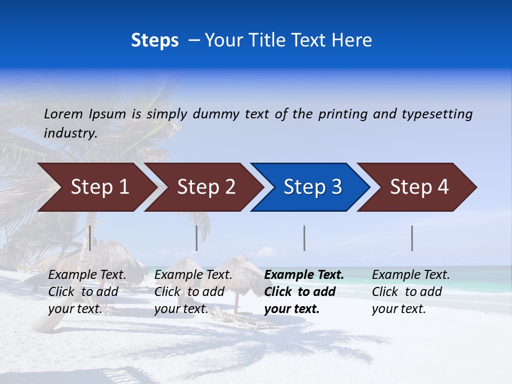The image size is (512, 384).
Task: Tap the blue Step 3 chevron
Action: coord(313,187)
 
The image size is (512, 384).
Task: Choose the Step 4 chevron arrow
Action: coord(419,187)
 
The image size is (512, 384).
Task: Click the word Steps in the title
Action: coord(155,40)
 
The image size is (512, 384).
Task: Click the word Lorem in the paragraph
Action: coord(63,114)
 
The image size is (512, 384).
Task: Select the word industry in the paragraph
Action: coord(70,133)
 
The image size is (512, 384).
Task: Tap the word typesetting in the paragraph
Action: coord(437,114)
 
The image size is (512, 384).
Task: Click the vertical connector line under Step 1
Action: coord(90,238)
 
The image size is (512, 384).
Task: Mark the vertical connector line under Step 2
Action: coord(197,238)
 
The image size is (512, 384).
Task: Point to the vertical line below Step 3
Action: coord(305,238)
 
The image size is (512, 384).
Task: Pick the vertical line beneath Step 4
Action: coord(412,238)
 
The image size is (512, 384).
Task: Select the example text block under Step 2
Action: coord(193,292)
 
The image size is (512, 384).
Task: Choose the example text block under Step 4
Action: coord(411,292)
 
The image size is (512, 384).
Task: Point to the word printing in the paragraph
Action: coord(342,114)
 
